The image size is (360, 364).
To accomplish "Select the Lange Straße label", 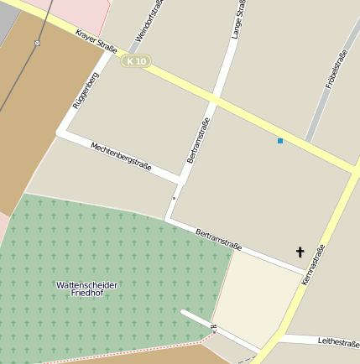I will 238,18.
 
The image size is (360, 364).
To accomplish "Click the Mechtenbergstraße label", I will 121,155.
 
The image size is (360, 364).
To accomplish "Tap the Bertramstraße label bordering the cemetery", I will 218,239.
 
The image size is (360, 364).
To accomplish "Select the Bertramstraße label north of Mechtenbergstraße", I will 198,139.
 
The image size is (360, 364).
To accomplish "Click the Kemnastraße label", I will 312,263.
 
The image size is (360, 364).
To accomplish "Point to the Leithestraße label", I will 339,341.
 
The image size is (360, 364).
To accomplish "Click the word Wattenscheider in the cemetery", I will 87,285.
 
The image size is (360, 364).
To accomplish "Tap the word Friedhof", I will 87,294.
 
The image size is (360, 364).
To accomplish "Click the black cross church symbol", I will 300,252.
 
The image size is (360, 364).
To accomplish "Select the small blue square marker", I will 280,141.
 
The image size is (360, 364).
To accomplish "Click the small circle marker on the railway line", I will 37,42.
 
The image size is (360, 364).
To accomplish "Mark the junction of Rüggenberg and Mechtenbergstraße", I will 60,132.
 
